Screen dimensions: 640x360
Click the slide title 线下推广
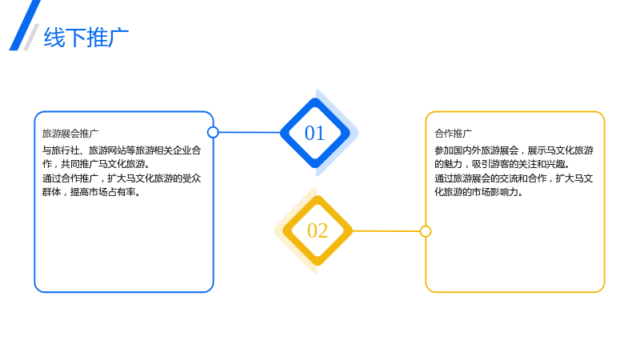click(86, 38)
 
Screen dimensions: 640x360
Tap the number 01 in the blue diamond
click(314, 133)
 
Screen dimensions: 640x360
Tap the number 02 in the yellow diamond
click(318, 230)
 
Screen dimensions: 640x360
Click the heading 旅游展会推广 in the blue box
click(70, 134)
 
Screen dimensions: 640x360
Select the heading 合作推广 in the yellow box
click(453, 134)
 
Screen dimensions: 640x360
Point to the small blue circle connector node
click(213, 132)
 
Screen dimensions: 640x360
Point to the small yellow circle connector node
click(426, 231)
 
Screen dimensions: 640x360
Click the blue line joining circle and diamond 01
click(250, 132)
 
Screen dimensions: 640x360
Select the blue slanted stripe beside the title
click(25, 26)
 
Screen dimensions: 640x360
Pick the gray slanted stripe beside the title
click(31, 37)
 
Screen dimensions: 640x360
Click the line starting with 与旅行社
click(122, 150)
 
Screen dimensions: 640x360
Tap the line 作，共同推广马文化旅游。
click(96, 164)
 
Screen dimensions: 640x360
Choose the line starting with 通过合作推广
click(122, 178)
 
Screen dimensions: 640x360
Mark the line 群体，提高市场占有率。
click(91, 192)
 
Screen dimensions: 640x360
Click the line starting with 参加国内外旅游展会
click(514, 150)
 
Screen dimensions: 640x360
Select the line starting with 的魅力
click(502, 164)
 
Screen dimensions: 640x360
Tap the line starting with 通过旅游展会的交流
click(514, 178)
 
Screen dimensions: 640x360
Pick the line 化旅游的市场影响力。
click(478, 192)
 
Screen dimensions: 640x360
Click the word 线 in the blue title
click(54, 38)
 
